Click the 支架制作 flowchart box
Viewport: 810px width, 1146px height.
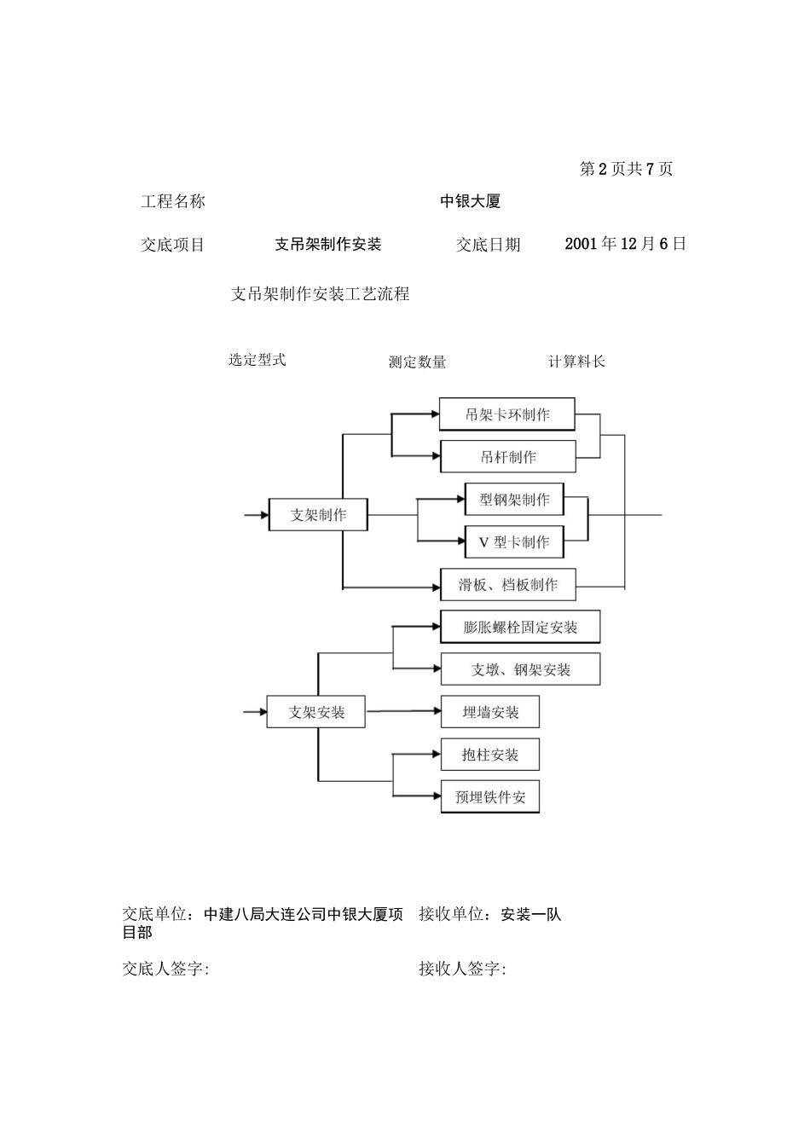[318, 515]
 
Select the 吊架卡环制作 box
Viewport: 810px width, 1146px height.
[506, 414]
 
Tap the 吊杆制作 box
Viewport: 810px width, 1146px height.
[507, 457]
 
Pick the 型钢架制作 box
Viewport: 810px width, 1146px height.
[514, 500]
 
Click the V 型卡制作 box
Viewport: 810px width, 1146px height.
[514, 542]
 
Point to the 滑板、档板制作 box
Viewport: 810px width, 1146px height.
[507, 585]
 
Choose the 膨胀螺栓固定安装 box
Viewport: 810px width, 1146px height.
[520, 628]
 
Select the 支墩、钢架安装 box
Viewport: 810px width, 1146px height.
[520, 669]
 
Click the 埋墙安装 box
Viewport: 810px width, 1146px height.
[489, 712]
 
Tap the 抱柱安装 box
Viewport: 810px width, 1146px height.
[489, 755]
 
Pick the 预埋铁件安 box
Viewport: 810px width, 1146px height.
[489, 797]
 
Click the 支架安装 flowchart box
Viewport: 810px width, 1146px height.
[315, 712]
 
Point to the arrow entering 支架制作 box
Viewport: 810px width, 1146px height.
[256, 515]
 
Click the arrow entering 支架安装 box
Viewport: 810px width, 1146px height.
[255, 712]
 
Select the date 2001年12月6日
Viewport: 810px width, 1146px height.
[625, 244]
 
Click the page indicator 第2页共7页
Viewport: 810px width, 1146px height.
[626, 169]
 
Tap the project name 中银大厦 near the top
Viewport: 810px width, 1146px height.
[470, 201]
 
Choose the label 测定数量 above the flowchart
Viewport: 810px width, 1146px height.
[417, 362]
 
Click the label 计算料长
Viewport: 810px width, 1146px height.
[576, 362]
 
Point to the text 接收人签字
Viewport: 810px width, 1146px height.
[462, 969]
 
